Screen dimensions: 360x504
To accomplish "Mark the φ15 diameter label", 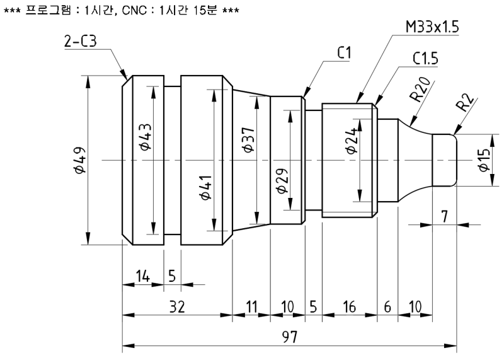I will tap(484, 160).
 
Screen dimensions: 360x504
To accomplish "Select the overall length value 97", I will tap(289, 337).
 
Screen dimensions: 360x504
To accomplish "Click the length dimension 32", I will tap(177, 307).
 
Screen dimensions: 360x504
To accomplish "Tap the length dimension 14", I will tap(142, 276).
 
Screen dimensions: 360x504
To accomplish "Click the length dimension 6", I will tap(387, 307).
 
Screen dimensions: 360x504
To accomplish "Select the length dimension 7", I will tap(445, 216).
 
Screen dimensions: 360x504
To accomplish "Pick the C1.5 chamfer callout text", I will tap(427, 59).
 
